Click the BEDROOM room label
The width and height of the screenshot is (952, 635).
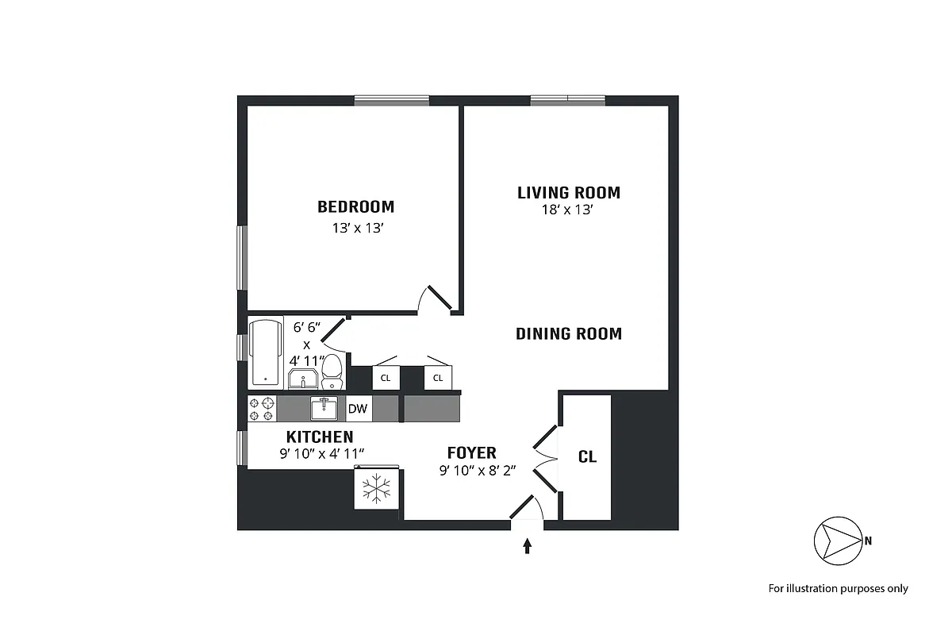tap(355, 207)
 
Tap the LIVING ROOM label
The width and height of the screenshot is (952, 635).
tap(568, 193)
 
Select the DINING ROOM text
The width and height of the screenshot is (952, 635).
tap(568, 334)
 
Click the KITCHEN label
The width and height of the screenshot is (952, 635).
tap(320, 437)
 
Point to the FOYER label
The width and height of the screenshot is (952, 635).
tap(471, 453)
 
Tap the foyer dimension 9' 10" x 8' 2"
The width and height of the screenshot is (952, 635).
tap(478, 470)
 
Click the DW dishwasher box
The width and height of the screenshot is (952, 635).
tap(359, 410)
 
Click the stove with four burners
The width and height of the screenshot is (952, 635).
tap(262, 409)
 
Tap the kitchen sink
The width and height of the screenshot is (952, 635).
tap(324, 409)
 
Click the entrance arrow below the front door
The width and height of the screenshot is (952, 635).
tap(527, 545)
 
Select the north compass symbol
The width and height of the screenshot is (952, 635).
tap(838, 541)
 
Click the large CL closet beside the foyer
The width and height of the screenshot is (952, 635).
tap(587, 457)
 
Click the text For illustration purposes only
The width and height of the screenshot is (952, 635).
tap(838, 589)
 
